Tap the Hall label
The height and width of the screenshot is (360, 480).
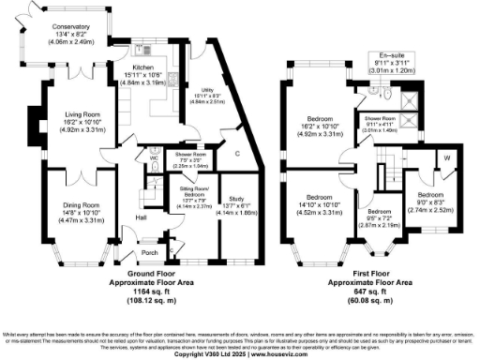point(139,217)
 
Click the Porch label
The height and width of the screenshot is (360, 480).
point(148,251)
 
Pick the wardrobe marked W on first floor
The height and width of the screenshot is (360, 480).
point(446,157)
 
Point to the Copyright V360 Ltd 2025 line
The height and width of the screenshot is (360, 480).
point(239,352)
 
